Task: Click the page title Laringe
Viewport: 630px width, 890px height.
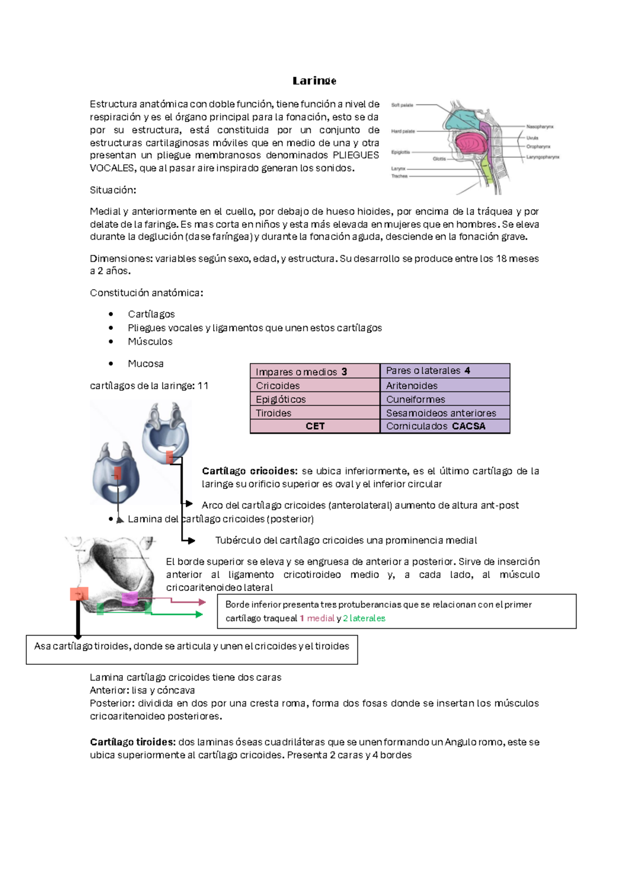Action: [314, 81]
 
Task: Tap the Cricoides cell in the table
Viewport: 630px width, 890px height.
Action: [278, 386]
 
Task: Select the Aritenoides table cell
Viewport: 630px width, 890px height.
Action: [412, 386]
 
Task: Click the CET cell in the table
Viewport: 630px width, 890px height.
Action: [315, 426]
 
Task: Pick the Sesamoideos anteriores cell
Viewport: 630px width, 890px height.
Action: [441, 413]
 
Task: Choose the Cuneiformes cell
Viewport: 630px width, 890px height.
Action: [415, 399]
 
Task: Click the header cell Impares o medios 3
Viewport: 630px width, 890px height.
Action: [301, 372]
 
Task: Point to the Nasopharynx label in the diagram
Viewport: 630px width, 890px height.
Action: [540, 126]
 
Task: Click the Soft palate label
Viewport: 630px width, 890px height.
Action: [402, 105]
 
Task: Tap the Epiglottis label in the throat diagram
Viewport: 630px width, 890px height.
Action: [401, 152]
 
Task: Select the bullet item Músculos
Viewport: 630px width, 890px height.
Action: [150, 342]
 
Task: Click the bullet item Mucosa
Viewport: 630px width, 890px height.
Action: [145, 364]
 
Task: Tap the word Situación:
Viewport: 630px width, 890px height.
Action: [113, 190]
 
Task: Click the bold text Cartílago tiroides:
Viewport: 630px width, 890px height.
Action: [133, 742]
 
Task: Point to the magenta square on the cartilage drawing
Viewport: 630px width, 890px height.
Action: [130, 599]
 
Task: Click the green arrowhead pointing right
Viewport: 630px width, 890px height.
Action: [199, 614]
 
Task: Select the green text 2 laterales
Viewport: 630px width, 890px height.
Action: [364, 618]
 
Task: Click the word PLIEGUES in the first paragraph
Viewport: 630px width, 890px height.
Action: [355, 155]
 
